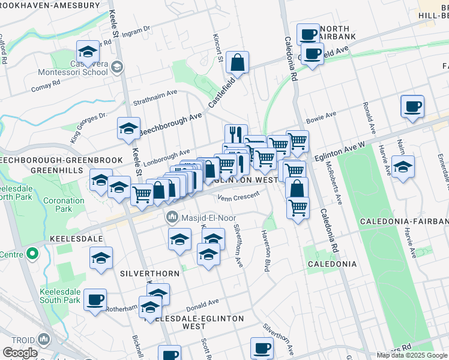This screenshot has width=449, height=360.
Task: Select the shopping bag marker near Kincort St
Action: tap(238, 62)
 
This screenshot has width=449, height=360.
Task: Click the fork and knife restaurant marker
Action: tap(236, 134)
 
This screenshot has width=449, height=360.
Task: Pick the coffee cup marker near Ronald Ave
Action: tap(412, 106)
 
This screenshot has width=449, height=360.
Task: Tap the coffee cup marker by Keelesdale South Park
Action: tap(95, 299)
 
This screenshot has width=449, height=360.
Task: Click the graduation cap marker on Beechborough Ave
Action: tap(128, 128)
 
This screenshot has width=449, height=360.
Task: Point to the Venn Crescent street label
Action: tap(239, 196)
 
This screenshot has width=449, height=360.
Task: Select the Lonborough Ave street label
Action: tap(168, 155)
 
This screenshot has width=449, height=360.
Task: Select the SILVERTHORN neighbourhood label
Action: tap(149, 273)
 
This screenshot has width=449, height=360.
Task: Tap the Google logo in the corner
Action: tap(20, 353)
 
